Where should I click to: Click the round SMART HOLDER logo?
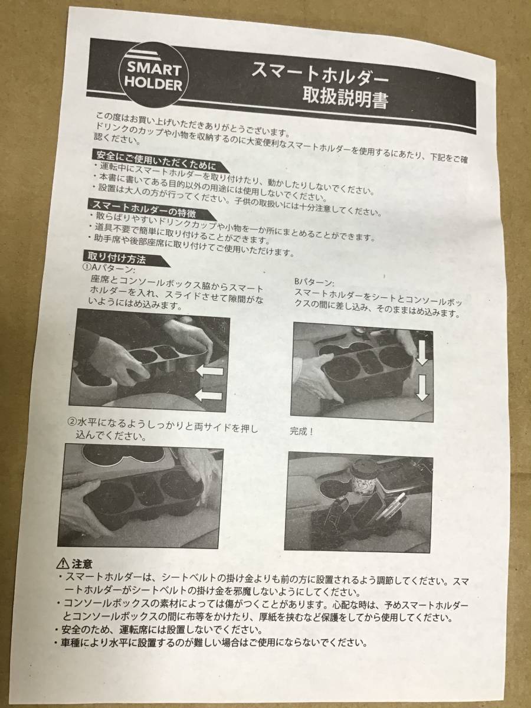click(153, 76)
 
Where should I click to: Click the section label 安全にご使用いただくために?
click(155, 160)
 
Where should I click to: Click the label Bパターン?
click(314, 283)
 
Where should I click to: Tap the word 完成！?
click(301, 431)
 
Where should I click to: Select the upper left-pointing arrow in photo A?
click(209, 371)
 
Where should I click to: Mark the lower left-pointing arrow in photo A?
click(209, 395)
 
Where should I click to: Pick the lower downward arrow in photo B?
click(422, 388)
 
